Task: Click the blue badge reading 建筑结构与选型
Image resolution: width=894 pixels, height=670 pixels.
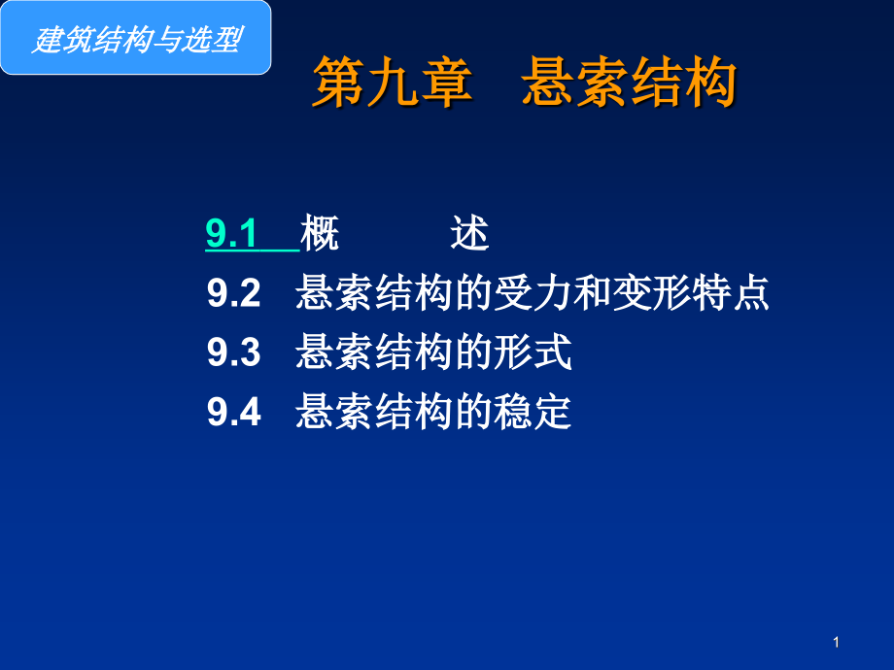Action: (x=136, y=38)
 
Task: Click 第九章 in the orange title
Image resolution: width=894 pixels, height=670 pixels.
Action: (x=393, y=82)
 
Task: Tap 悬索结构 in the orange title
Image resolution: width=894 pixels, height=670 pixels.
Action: (x=630, y=82)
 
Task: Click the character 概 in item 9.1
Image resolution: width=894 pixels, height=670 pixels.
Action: (x=320, y=233)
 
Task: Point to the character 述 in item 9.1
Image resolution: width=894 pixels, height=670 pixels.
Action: (x=469, y=233)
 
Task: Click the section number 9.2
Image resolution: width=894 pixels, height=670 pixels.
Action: (x=234, y=293)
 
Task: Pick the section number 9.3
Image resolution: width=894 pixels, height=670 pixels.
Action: (x=234, y=352)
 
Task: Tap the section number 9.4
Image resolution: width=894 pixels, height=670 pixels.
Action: (x=234, y=412)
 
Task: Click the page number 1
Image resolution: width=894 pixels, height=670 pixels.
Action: (x=836, y=643)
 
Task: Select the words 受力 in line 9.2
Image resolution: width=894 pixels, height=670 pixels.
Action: (x=533, y=293)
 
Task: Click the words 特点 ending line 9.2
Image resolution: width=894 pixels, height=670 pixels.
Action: (x=731, y=293)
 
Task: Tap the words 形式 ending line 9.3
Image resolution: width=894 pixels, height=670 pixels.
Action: (x=533, y=352)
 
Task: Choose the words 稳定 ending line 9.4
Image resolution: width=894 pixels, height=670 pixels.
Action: (x=533, y=412)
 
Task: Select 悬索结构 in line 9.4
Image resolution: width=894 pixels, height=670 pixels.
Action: (x=374, y=412)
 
